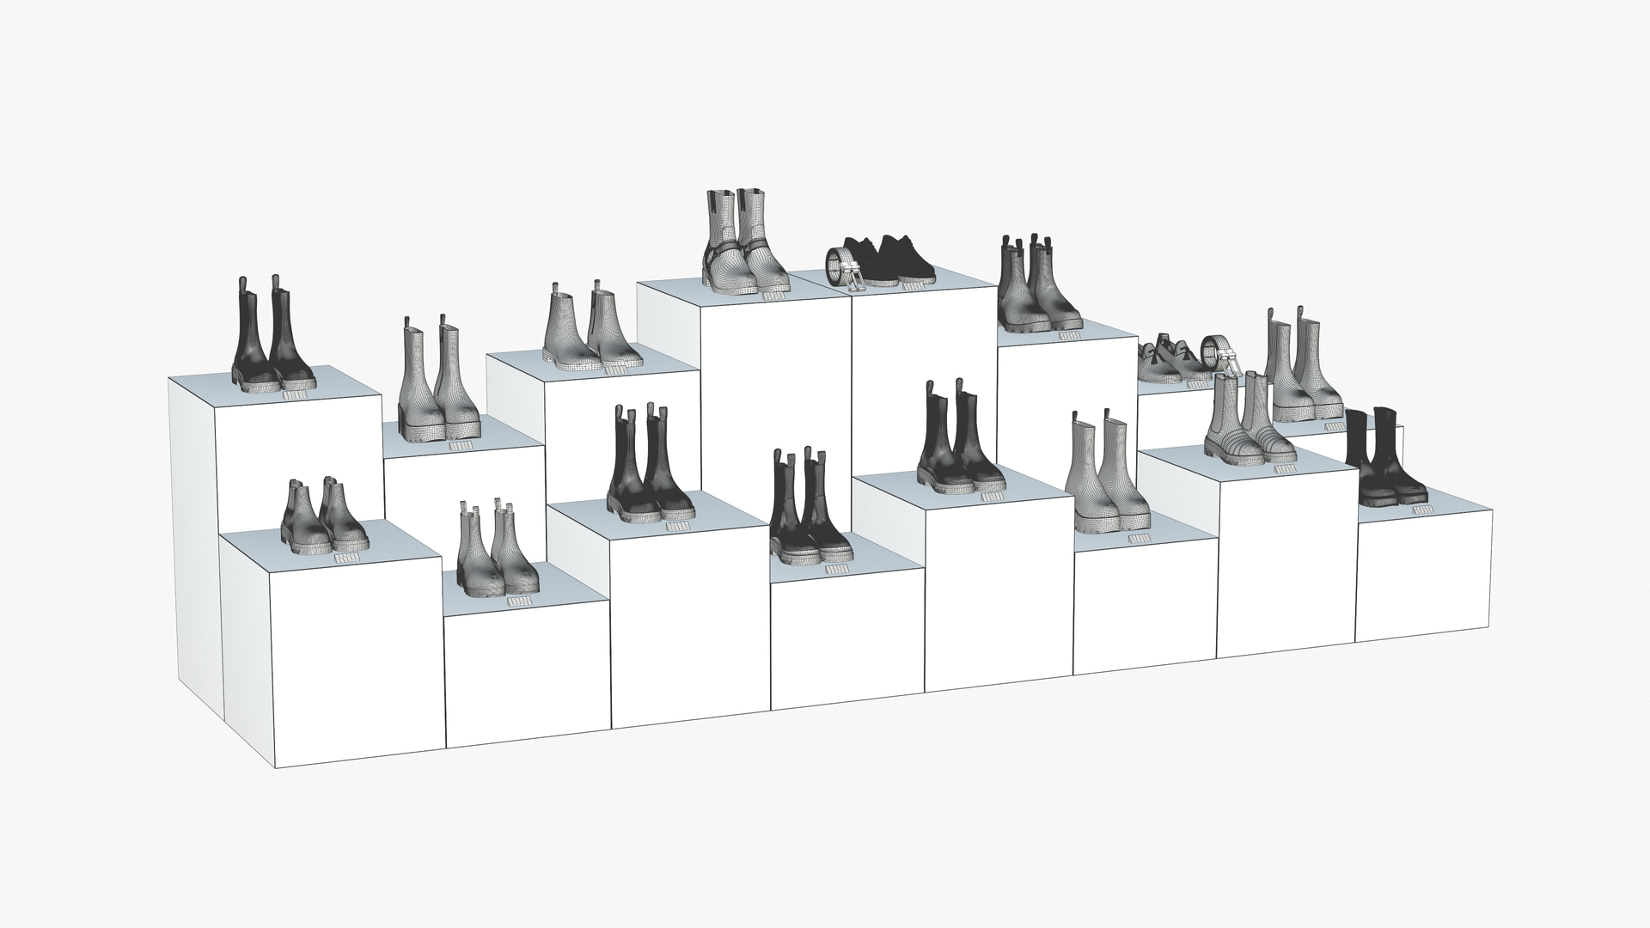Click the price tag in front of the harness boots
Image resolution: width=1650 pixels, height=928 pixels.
point(774,296)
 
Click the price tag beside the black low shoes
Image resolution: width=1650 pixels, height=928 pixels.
point(911,286)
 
